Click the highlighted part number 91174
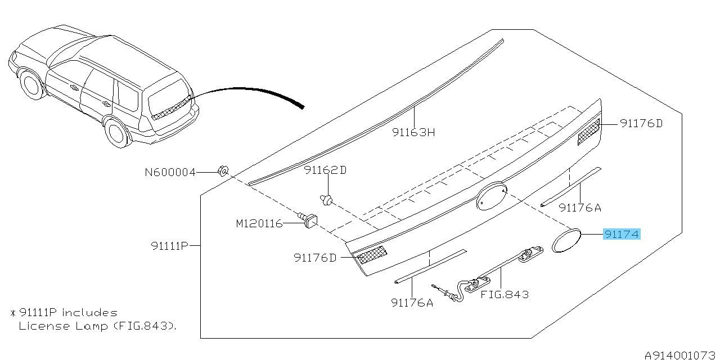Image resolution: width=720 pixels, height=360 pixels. pyautogui.click(x=622, y=234)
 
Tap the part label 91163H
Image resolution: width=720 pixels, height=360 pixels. pyautogui.click(x=413, y=132)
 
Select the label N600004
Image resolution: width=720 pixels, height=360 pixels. pyautogui.click(x=170, y=173)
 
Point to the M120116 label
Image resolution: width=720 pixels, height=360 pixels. pyautogui.click(x=259, y=223)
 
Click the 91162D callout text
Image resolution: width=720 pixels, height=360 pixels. pyautogui.click(x=325, y=170)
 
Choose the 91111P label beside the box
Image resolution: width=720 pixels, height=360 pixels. pyautogui.click(x=169, y=246)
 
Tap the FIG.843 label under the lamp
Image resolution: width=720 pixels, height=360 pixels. pyautogui.click(x=505, y=294)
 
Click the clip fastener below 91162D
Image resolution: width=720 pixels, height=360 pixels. pyautogui.click(x=326, y=200)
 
